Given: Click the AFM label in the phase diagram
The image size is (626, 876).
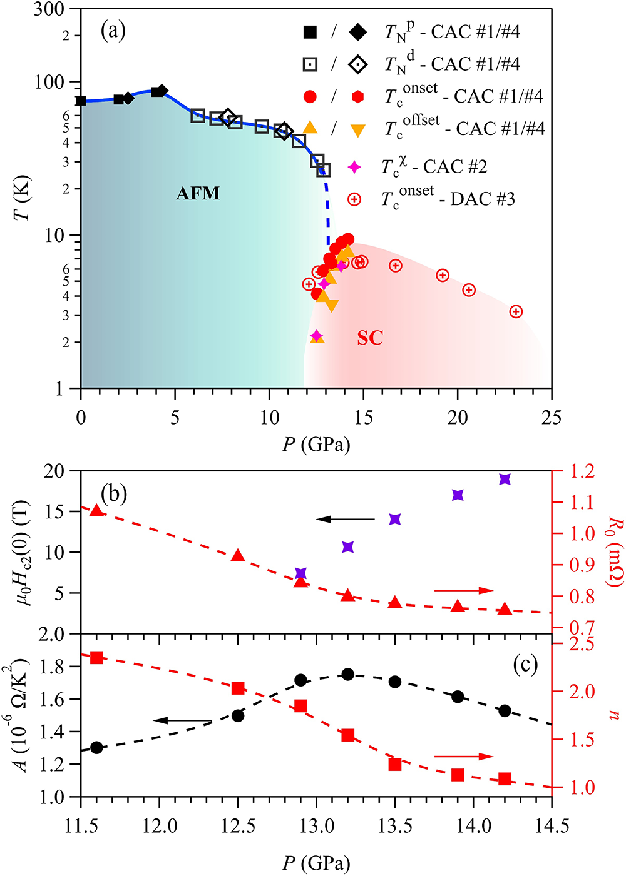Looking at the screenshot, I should [x=198, y=193].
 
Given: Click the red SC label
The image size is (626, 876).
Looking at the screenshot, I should [x=370, y=338].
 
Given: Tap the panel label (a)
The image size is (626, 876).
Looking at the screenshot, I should [x=113, y=30].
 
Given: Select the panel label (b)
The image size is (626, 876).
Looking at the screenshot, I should [x=114, y=494].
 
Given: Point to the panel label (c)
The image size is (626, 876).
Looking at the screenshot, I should [x=525, y=664].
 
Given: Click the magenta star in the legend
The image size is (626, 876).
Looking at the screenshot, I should [x=354, y=167].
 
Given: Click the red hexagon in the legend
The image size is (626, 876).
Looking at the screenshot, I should [x=357, y=96].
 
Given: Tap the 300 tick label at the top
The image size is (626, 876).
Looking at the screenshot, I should [x=49, y=9].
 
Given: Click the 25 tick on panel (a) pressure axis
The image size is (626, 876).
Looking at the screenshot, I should [x=552, y=418].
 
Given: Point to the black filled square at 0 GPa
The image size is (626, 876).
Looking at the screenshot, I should [x=81, y=101].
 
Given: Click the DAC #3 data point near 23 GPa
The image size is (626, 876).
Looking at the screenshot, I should [x=516, y=311].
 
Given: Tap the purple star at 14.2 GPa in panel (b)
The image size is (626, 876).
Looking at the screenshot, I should [x=505, y=479].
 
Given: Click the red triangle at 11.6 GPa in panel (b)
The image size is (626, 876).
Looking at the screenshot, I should [x=96, y=510].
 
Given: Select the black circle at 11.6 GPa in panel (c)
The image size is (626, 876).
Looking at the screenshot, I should [x=96, y=747].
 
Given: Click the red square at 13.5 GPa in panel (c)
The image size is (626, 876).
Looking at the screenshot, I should [x=395, y=764].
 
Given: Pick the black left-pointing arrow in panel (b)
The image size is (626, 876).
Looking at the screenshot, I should [x=345, y=519].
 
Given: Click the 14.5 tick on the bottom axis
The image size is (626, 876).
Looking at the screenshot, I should [x=552, y=826].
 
